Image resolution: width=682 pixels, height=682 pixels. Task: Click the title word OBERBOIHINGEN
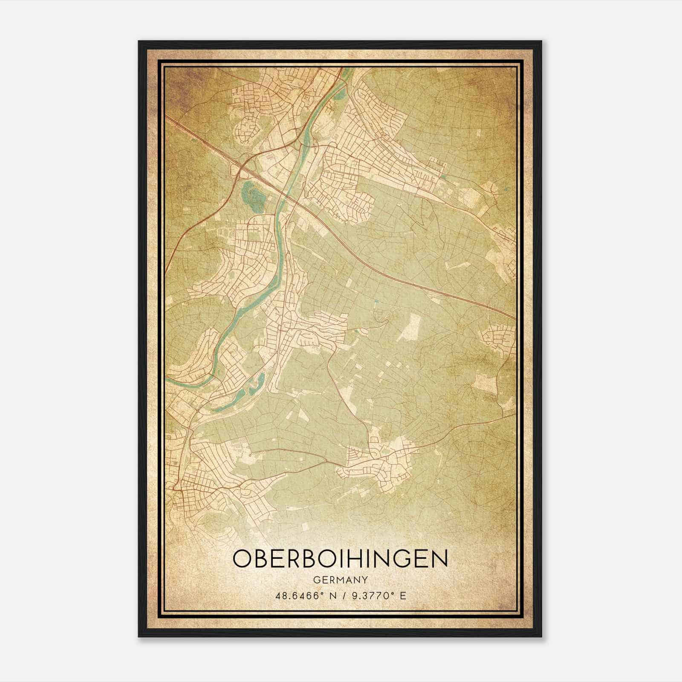point(340,559)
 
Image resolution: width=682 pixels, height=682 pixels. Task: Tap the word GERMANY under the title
point(340,580)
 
